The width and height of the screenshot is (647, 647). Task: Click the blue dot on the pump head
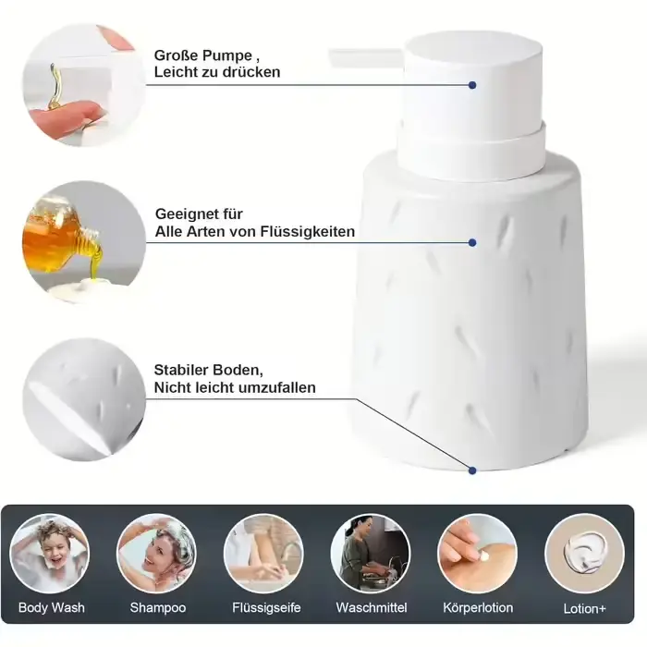(472, 85)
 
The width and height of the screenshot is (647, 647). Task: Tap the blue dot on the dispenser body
(472, 242)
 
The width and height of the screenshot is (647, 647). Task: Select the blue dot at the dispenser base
(472, 470)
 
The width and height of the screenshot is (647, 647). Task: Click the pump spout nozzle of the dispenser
(365, 57)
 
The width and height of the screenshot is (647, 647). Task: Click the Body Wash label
(52, 607)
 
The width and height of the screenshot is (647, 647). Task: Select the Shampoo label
(158, 607)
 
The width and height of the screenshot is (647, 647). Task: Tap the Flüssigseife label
(266, 607)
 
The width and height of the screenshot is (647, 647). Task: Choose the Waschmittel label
(372, 607)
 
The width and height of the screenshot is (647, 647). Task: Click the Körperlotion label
(478, 607)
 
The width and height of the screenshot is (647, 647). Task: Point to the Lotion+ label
(585, 608)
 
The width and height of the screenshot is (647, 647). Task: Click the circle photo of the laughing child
(50, 554)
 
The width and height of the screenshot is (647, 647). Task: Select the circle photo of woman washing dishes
(370, 554)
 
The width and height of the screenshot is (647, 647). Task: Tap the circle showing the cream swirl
(584, 554)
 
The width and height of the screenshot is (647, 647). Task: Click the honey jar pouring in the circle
(62, 235)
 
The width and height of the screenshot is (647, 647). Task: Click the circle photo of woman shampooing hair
(156, 554)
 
